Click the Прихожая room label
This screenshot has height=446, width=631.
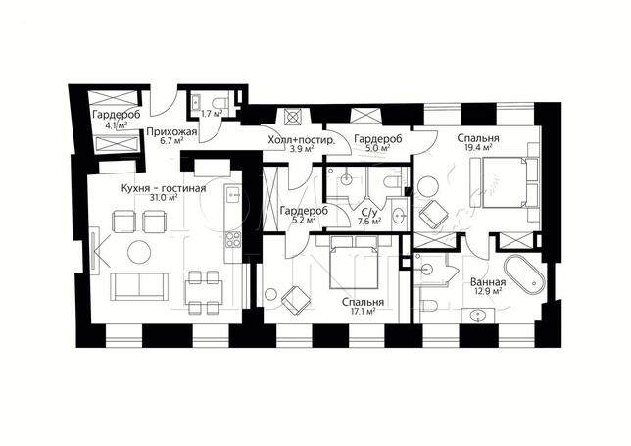point(171,132)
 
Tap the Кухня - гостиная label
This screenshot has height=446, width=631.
point(164,188)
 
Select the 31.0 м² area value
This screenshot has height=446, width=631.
point(165,198)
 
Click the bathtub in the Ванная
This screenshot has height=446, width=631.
point(523,273)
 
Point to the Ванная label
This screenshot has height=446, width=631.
point(488,281)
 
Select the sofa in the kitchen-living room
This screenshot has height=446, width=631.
point(139,286)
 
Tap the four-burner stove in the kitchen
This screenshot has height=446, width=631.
point(233,239)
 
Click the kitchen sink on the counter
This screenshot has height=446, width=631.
point(233,194)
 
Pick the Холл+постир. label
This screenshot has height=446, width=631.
point(302,140)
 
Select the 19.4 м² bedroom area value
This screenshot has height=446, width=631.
point(478,148)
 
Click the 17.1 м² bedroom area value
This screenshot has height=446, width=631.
point(363,311)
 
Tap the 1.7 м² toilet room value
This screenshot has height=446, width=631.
point(212,114)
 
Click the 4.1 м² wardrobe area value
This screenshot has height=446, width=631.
point(117,125)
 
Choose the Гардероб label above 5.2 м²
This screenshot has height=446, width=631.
point(304,211)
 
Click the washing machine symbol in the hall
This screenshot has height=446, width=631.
point(293,117)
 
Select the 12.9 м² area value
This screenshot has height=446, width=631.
point(488,291)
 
